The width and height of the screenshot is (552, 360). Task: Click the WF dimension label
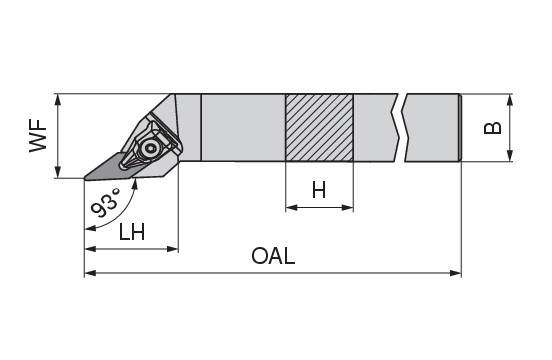tap(38, 135)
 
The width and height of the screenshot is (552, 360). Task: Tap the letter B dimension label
tap(493, 128)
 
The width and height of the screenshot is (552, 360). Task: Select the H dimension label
tap(319, 190)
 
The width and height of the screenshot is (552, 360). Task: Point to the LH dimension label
tap(132, 232)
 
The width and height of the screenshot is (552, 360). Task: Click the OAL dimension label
tap(273, 256)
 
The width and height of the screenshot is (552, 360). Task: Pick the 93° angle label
tap(106, 202)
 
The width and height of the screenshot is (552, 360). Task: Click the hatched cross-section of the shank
tap(319, 128)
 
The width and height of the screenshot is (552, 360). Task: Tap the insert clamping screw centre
tap(152, 149)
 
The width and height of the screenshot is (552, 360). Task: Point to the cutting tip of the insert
tap(85, 178)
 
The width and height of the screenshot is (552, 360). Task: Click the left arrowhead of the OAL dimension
tap(90, 273)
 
